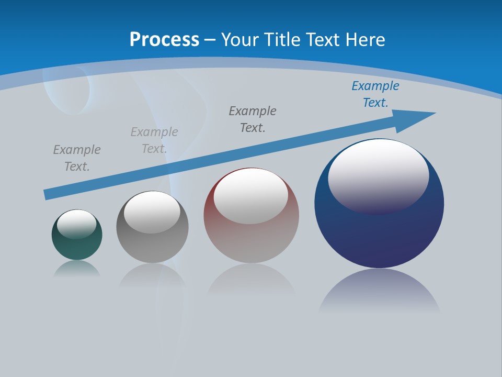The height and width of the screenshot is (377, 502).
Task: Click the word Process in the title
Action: click(x=164, y=39)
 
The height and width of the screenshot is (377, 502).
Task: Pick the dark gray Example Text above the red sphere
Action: click(x=253, y=119)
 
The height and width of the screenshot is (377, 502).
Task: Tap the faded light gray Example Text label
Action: click(x=154, y=140)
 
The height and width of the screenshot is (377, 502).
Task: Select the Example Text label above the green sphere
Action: click(x=77, y=158)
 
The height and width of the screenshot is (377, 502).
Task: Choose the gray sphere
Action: click(x=152, y=246)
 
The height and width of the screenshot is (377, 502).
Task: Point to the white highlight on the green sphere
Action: click(x=77, y=223)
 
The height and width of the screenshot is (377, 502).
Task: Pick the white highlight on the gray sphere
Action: click(x=152, y=212)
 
